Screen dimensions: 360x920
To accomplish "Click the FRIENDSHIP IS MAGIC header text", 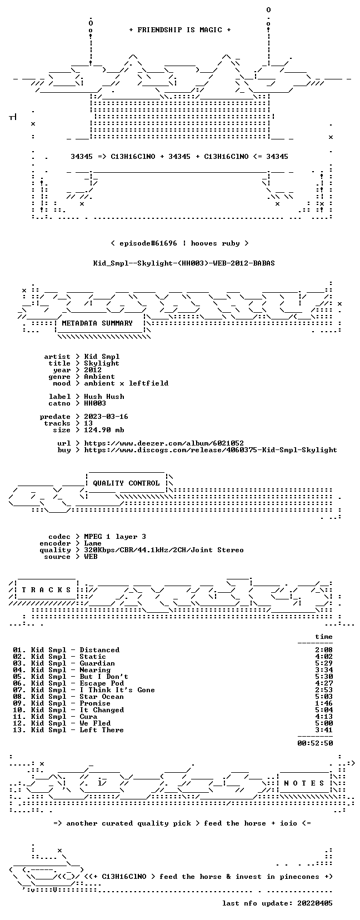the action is tap(180, 30).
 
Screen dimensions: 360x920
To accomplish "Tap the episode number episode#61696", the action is tap(148, 243).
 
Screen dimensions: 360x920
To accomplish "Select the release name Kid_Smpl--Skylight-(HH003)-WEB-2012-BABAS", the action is tap(184, 263).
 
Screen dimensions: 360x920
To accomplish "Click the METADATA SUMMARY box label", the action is tap(97, 323).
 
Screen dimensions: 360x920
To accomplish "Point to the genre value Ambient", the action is tap(99, 377).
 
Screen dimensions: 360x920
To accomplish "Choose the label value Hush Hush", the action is tap(104, 397).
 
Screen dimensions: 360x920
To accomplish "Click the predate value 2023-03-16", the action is tap(106, 417).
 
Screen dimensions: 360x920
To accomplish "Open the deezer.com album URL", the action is tap(164, 443).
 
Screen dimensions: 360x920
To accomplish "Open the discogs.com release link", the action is tap(211, 450).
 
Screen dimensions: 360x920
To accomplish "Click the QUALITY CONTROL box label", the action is tap(126, 483).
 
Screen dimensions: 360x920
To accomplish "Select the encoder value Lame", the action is tap(93, 543).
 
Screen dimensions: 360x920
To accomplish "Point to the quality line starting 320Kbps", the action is tap(164, 550).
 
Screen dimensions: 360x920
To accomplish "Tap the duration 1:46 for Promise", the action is tap(324, 703).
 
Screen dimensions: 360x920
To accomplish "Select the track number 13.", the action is tap(18, 730).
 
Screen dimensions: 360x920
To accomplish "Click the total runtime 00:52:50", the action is tap(315, 743).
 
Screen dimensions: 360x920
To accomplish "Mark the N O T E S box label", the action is tap(304, 783).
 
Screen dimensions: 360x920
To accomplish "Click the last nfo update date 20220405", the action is tap(315, 903).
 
